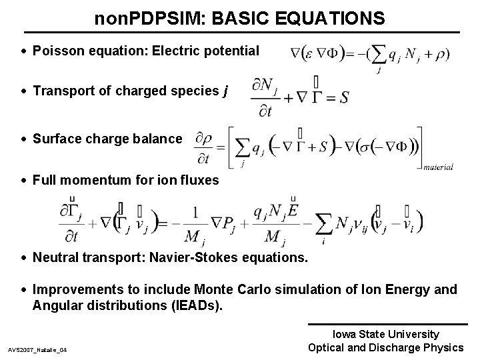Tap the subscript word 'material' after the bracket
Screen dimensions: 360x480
[x=438, y=167]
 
